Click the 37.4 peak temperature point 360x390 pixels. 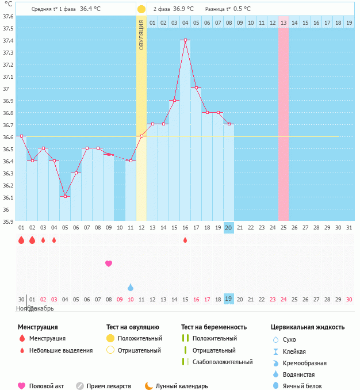coord(185,40)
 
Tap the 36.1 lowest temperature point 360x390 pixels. coord(65,197)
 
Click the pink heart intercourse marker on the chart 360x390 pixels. coord(109,263)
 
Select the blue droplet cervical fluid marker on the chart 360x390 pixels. coord(131,287)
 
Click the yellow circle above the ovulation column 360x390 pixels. coord(141,9)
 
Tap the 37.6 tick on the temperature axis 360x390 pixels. coord(8,16)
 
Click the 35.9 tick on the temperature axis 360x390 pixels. coord(8,221)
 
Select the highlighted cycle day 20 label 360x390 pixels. coord(228,228)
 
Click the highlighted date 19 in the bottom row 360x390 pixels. coord(228,299)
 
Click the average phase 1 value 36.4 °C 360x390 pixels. coord(90,9)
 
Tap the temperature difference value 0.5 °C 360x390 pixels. coord(242,9)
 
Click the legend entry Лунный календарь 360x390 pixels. coord(182,386)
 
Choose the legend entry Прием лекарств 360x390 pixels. coord(109,386)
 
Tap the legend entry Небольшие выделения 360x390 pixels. coord(60,350)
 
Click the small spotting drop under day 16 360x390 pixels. coord(185,240)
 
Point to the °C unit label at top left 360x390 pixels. coord(8,4)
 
